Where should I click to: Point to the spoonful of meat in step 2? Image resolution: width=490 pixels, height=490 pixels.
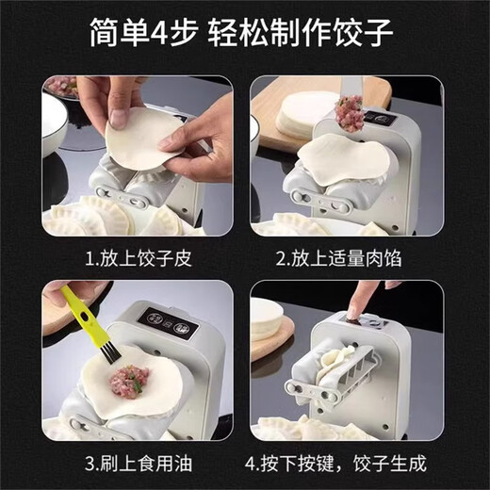pyautogui.click(x=349, y=114)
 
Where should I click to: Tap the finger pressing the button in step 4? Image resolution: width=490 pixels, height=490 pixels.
pyautogui.click(x=356, y=302)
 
